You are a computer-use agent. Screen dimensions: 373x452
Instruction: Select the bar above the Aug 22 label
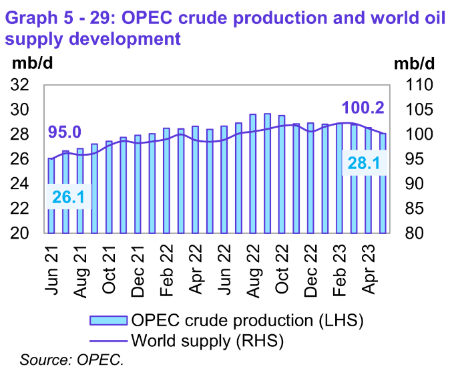(254, 174)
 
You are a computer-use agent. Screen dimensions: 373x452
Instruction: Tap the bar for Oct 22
(282, 174)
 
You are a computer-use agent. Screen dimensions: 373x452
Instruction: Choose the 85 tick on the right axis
(415, 209)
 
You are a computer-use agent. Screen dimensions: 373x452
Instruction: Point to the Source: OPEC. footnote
(72, 360)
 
